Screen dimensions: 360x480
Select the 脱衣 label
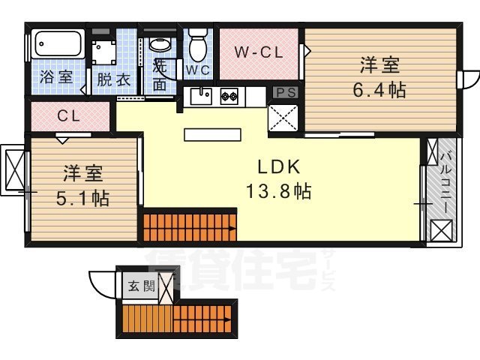pyautogui.click(x=112, y=79)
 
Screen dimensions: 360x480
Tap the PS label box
pyautogui.click(x=285, y=92)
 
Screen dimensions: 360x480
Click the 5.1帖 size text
pyautogui.click(x=82, y=198)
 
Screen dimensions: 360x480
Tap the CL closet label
pyautogui.click(x=69, y=116)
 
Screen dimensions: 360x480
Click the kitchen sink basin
pyautogui.click(x=199, y=96)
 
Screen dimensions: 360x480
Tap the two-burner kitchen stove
pyautogui.click(x=229, y=96)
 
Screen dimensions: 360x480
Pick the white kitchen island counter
pyautogui.click(x=214, y=135)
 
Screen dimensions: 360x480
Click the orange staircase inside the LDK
pyautogui.click(x=190, y=226)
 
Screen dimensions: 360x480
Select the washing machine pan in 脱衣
pyautogui.click(x=106, y=50)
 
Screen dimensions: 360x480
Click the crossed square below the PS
pyautogui.click(x=284, y=118)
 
